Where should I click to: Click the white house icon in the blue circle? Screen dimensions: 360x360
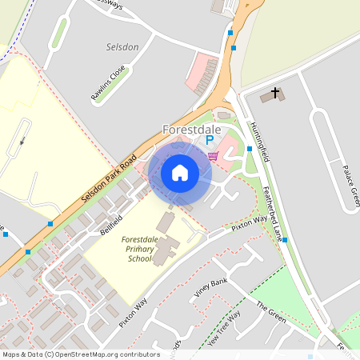click(180, 172)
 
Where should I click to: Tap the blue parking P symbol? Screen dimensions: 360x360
click(210, 140)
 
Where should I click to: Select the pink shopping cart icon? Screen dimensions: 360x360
click(213, 156)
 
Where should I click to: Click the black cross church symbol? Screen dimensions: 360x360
click(276, 93)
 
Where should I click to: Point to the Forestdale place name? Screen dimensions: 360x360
click(192, 128)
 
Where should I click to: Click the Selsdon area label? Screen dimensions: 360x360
click(122, 47)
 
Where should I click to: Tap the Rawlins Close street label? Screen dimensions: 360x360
click(108, 84)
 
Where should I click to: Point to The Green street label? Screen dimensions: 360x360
click(271, 312)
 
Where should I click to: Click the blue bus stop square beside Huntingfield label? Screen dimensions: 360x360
click(250, 149)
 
